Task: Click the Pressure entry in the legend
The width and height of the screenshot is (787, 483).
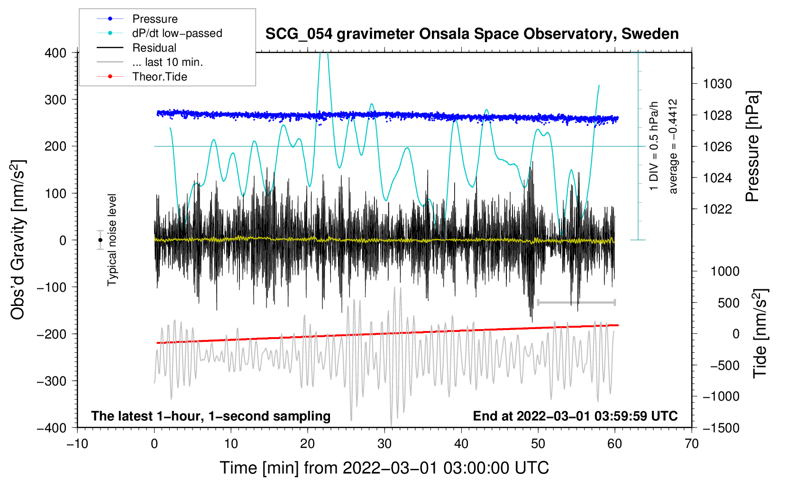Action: [x=155, y=19]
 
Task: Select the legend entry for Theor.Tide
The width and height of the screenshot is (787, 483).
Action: [x=159, y=77]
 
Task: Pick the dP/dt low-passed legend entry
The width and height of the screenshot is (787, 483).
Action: [x=177, y=34]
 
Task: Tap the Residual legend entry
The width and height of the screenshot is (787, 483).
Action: [x=154, y=48]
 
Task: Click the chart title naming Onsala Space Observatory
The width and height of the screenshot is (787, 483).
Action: [x=472, y=34]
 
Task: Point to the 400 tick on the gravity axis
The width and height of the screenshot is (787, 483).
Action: [x=56, y=53]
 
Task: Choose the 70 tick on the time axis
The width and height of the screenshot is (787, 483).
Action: [x=692, y=444]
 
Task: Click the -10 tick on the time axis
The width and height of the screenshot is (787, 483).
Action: [x=77, y=444]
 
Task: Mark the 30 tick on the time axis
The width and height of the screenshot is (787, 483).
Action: [x=384, y=444]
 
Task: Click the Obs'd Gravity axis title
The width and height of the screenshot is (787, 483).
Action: [x=18, y=240]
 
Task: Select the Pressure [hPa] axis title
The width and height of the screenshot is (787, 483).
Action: [x=752, y=146]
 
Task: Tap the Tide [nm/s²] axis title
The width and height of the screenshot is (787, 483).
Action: [x=760, y=333]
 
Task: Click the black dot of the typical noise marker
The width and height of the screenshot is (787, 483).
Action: [x=101, y=240]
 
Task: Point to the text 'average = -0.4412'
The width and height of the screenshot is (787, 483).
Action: [x=673, y=146]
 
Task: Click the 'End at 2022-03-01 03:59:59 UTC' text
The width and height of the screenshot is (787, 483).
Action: [x=575, y=416]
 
